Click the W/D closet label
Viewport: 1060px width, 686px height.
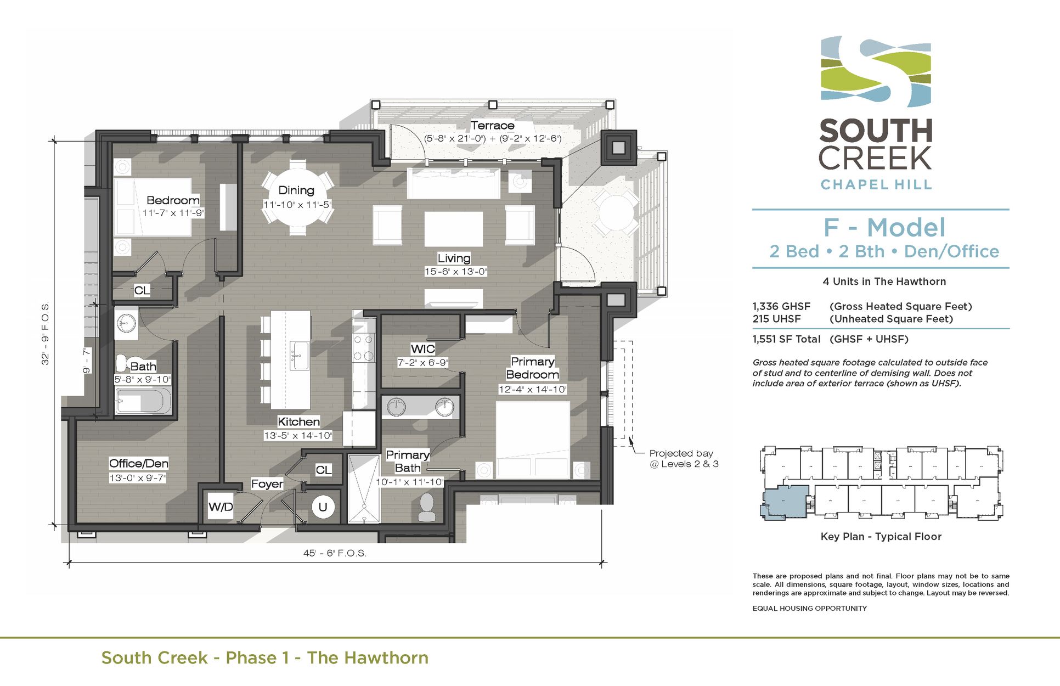pyautogui.click(x=221, y=507)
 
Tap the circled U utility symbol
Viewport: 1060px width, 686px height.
pyautogui.click(x=323, y=507)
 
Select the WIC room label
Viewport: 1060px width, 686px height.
pyautogui.click(x=423, y=349)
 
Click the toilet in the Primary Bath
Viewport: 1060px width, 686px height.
pyautogui.click(x=427, y=507)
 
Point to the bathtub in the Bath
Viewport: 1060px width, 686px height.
pyautogui.click(x=143, y=401)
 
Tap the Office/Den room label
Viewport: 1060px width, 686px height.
pyautogui.click(x=139, y=464)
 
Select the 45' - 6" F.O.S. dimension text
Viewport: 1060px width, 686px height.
pyautogui.click(x=335, y=553)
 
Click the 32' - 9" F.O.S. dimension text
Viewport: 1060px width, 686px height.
pyautogui.click(x=46, y=333)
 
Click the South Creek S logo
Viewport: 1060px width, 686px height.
pyautogui.click(x=876, y=72)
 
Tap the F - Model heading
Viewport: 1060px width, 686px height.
pyautogui.click(x=884, y=228)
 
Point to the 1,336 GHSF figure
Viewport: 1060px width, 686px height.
pyautogui.click(x=781, y=306)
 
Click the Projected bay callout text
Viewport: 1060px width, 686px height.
pyautogui.click(x=684, y=458)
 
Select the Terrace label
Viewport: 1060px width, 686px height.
pyautogui.click(x=492, y=125)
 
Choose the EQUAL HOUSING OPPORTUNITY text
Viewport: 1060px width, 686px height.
pyautogui.click(x=809, y=608)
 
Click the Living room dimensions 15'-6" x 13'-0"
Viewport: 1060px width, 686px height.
pyautogui.click(x=455, y=272)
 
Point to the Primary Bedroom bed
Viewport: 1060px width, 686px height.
pyautogui.click(x=533, y=439)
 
